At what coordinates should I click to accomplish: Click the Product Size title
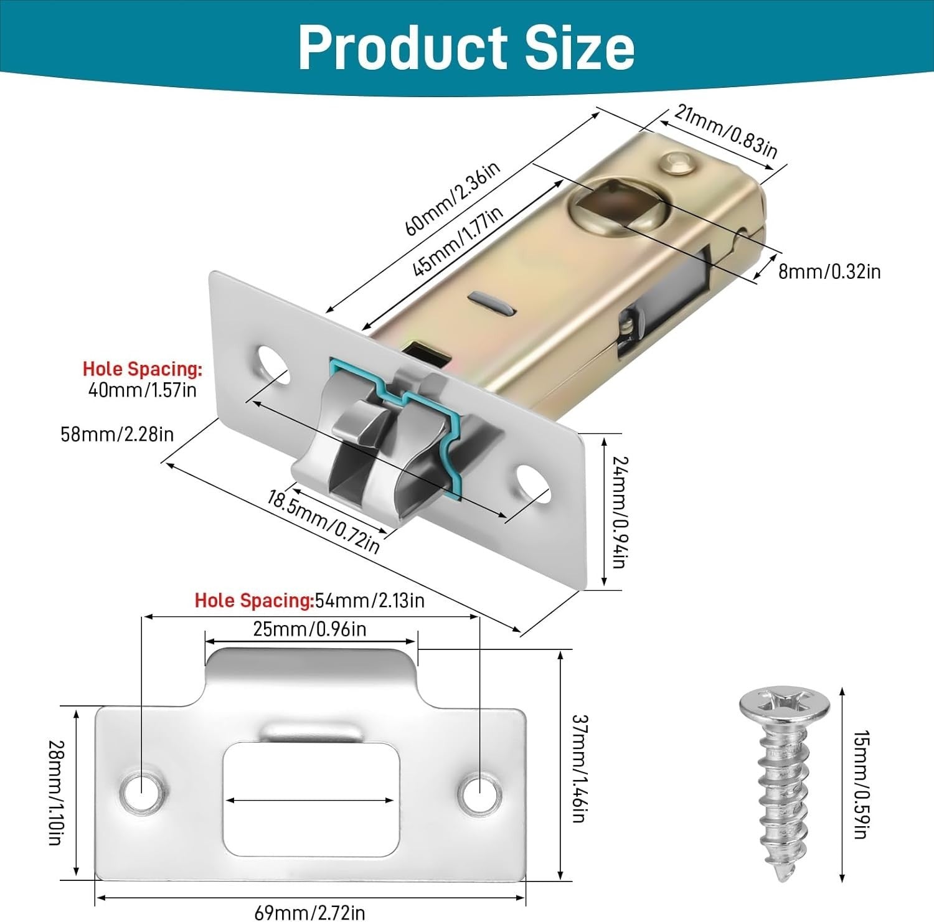point(466,48)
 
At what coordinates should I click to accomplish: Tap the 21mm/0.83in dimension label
point(726,131)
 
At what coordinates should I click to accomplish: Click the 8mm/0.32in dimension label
point(829,271)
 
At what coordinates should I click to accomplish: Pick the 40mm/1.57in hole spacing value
point(143,390)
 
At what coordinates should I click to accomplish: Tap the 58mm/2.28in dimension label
point(117,434)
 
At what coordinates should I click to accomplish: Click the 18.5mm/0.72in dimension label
point(323,521)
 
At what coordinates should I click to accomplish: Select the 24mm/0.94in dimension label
point(620,512)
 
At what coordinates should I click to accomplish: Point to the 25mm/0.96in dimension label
point(309,629)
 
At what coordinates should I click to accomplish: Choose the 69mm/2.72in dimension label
point(309,913)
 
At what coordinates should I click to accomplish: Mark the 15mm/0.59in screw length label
point(861,784)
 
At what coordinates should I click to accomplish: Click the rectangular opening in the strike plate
point(310,799)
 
